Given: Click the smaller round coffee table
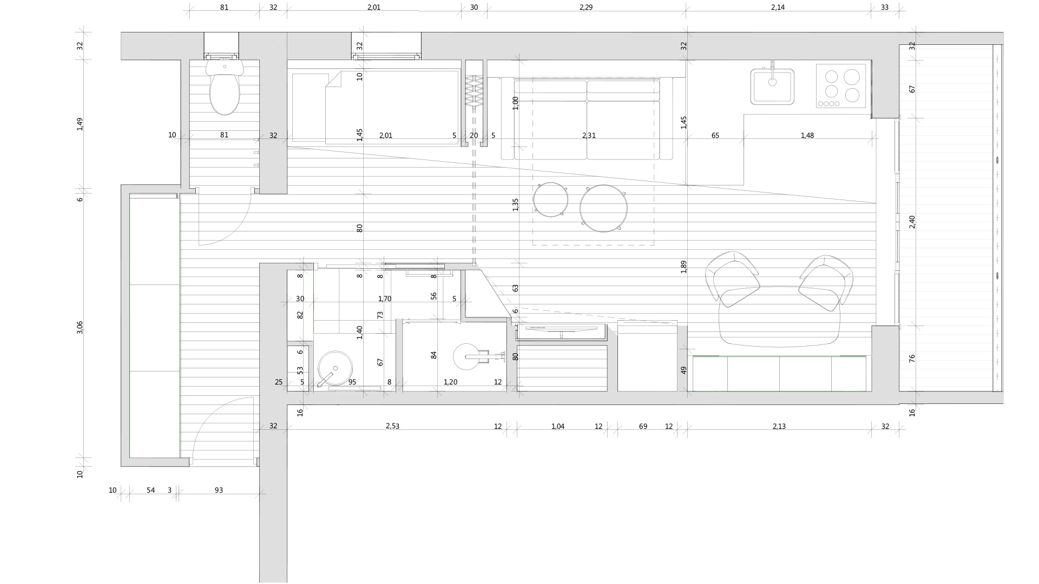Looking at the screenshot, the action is click(x=550, y=200).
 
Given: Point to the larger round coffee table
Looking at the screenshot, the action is click(x=603, y=209).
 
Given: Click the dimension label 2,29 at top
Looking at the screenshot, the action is click(x=586, y=8).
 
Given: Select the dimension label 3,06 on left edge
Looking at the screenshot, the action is click(x=80, y=328).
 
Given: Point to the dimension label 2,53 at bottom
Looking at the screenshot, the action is click(x=392, y=426).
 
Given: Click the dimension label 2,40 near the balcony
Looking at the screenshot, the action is click(x=912, y=222).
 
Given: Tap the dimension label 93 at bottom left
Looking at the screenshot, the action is click(x=219, y=490).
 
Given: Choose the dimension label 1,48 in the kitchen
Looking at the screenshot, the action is click(x=807, y=136).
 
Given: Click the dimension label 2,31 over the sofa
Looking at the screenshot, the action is click(x=589, y=136).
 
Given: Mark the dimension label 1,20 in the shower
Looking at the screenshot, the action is click(x=450, y=382).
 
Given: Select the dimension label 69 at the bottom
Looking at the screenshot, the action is click(x=643, y=427).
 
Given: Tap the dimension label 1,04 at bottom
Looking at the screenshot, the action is click(x=558, y=427).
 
